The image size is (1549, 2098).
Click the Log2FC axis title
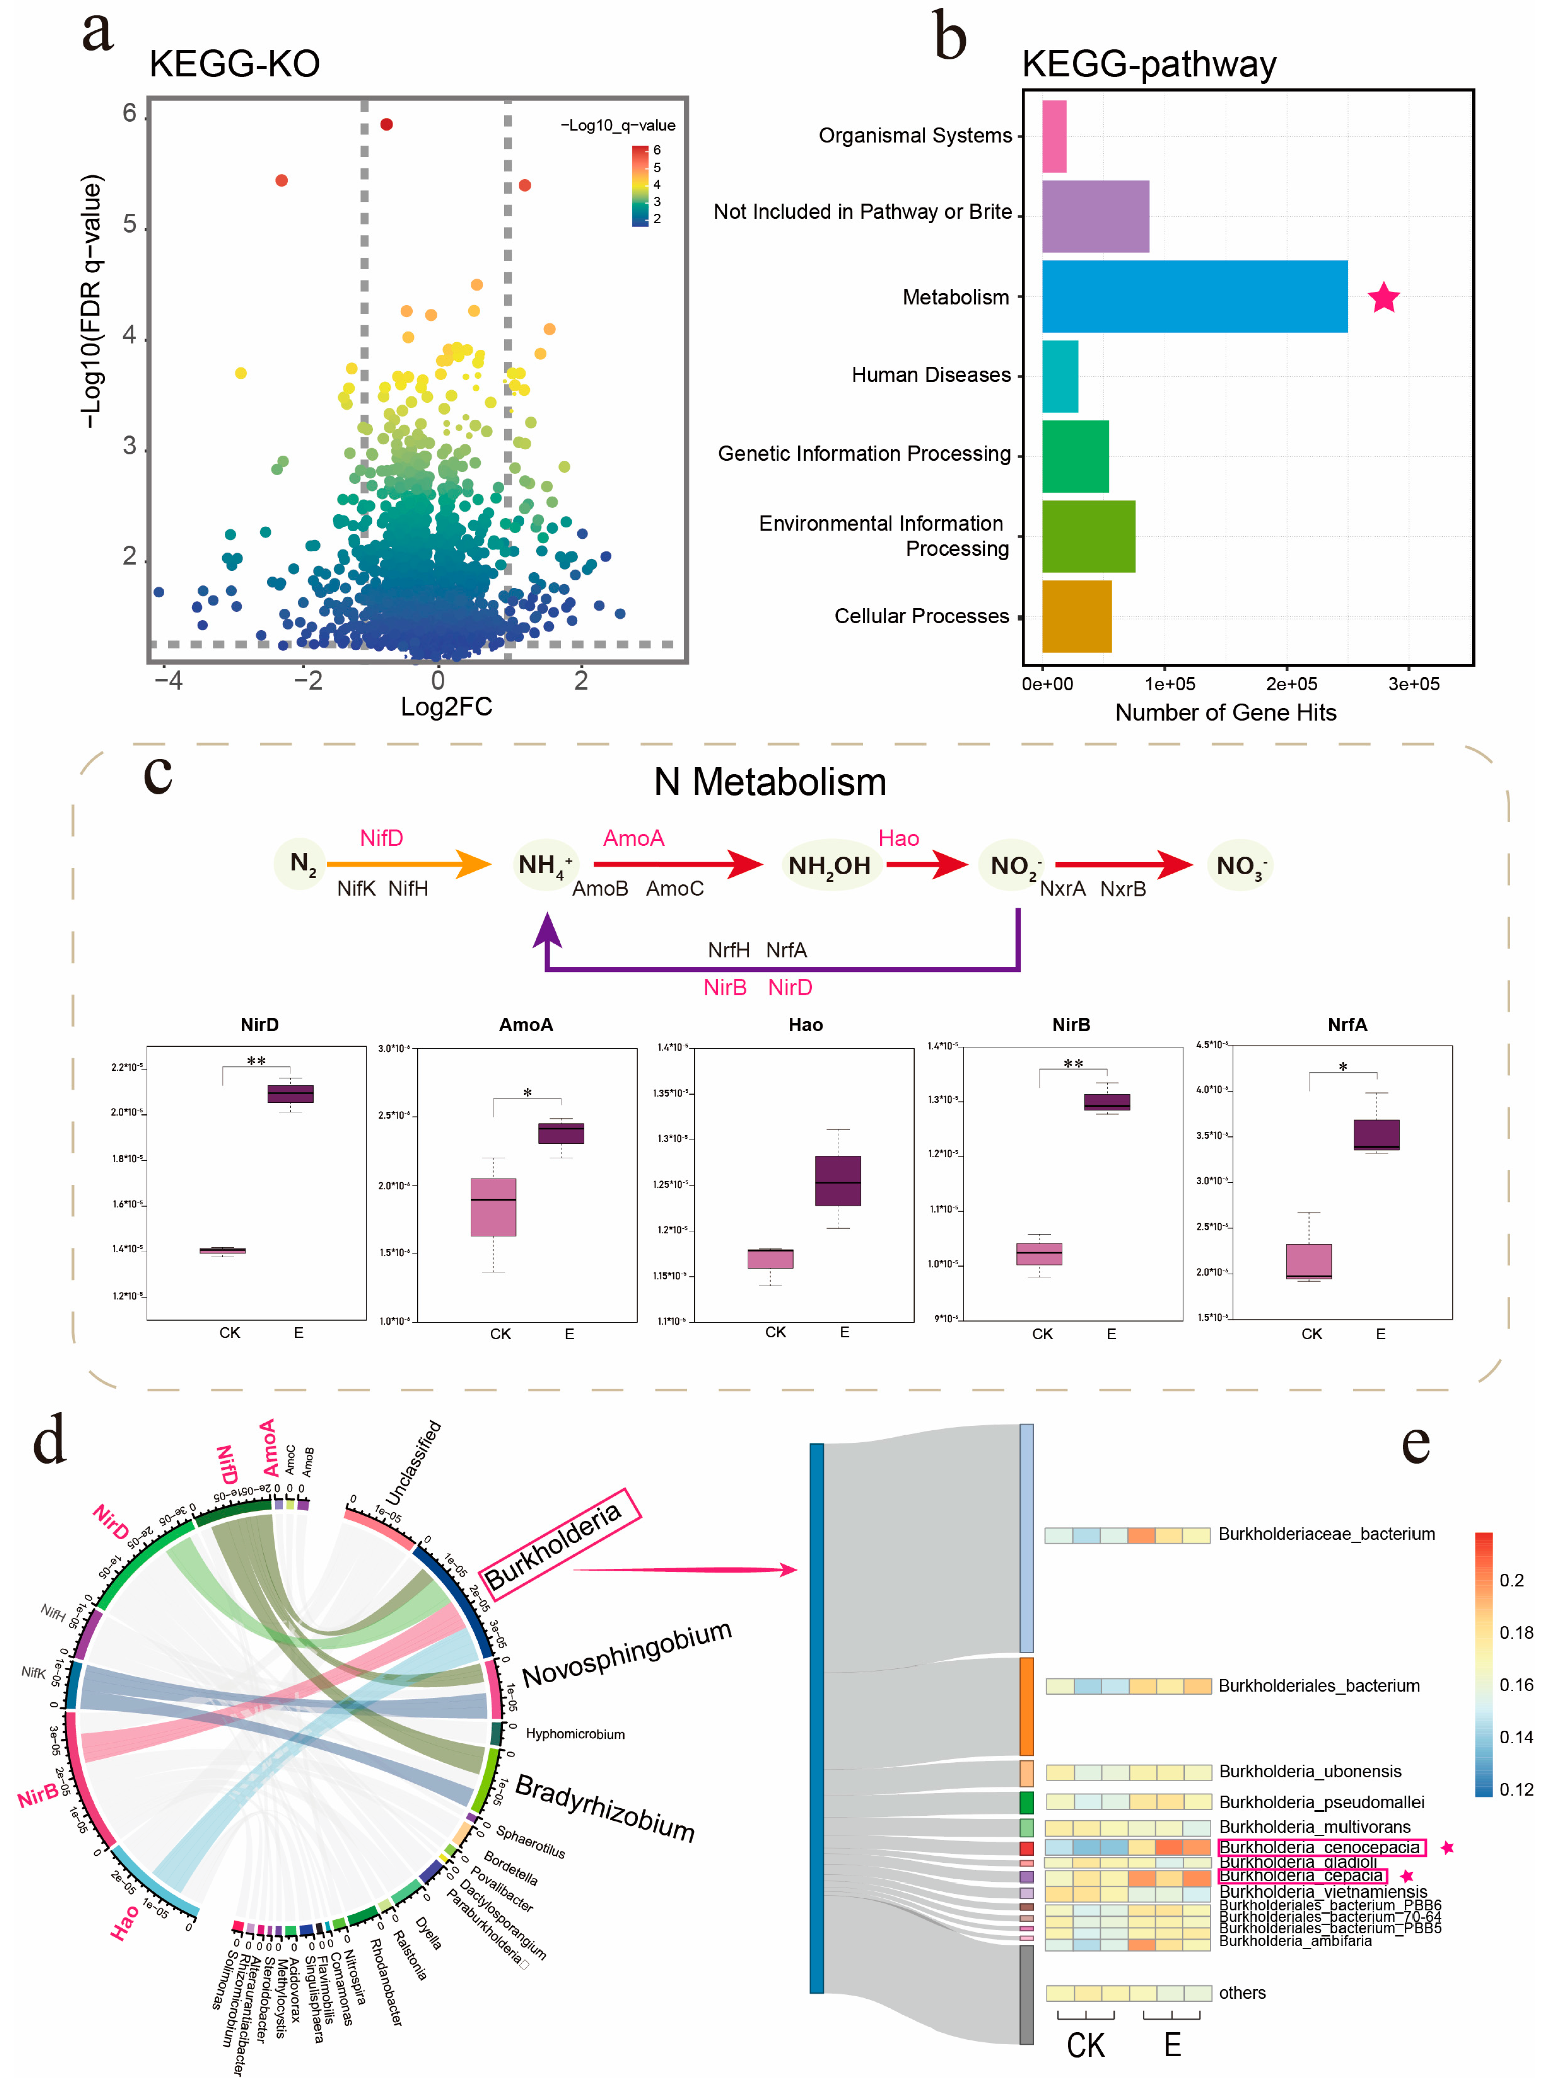pyautogui.click(x=446, y=706)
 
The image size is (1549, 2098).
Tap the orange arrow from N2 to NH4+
pyautogui.click(x=408, y=863)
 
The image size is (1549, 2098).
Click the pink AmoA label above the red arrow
pyautogui.click(x=634, y=838)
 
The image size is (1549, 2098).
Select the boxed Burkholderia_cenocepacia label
pyautogui.click(x=1320, y=1847)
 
